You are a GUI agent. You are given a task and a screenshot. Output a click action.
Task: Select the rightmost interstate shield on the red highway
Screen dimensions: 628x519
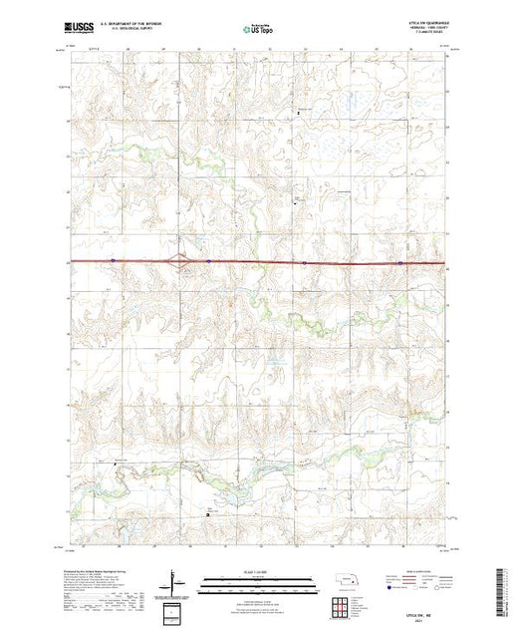[400, 263]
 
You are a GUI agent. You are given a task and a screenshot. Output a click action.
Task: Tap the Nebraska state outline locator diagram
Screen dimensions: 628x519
[345, 579]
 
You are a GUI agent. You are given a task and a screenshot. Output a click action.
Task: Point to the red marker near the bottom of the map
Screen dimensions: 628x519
[208, 512]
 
